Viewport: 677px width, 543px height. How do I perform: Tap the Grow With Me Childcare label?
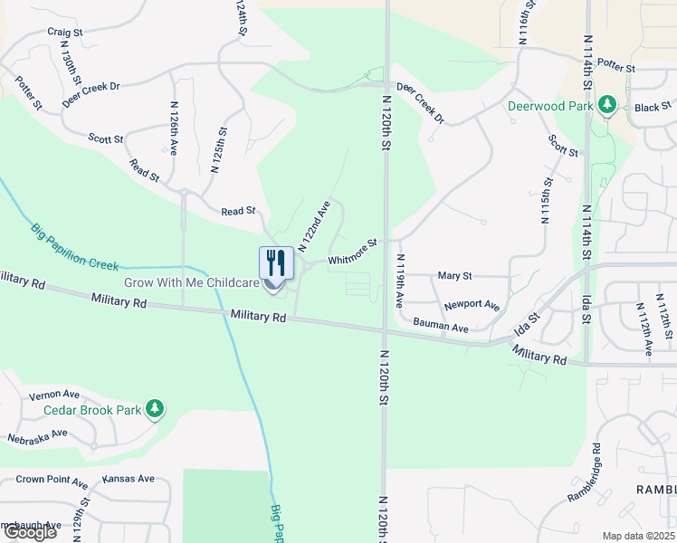(x=192, y=283)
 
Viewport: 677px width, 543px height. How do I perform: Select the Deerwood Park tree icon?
(x=607, y=106)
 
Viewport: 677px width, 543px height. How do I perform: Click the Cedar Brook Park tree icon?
(x=156, y=410)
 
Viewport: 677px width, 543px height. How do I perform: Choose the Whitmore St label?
(x=352, y=252)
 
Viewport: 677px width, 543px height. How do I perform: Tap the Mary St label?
(x=454, y=275)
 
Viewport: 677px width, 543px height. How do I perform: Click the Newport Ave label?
(x=472, y=305)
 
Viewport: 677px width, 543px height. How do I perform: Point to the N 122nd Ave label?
(x=314, y=225)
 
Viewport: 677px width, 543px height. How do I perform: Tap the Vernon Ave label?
(x=54, y=395)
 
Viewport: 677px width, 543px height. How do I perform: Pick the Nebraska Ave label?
(x=37, y=433)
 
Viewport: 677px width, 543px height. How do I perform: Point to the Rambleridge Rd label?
(x=585, y=472)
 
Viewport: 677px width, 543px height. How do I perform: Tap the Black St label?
(x=648, y=107)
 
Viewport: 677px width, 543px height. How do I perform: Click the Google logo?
(x=30, y=532)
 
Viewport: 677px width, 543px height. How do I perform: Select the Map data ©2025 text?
(x=638, y=536)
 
